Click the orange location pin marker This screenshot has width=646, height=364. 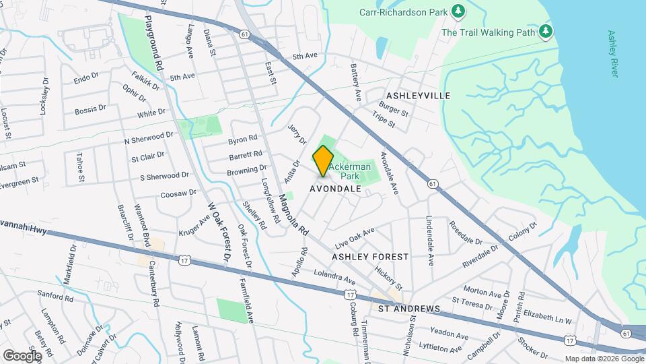tap(324, 160)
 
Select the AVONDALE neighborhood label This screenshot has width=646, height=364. tap(336, 189)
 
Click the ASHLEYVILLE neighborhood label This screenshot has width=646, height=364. tap(418, 96)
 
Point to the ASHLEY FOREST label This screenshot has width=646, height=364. tap(370, 257)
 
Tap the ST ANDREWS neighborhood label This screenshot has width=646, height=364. tap(408, 309)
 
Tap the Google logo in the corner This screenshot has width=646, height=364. tap(22, 355)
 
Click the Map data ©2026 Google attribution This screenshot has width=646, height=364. tap(604, 359)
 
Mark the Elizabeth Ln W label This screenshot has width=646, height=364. tap(546, 317)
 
